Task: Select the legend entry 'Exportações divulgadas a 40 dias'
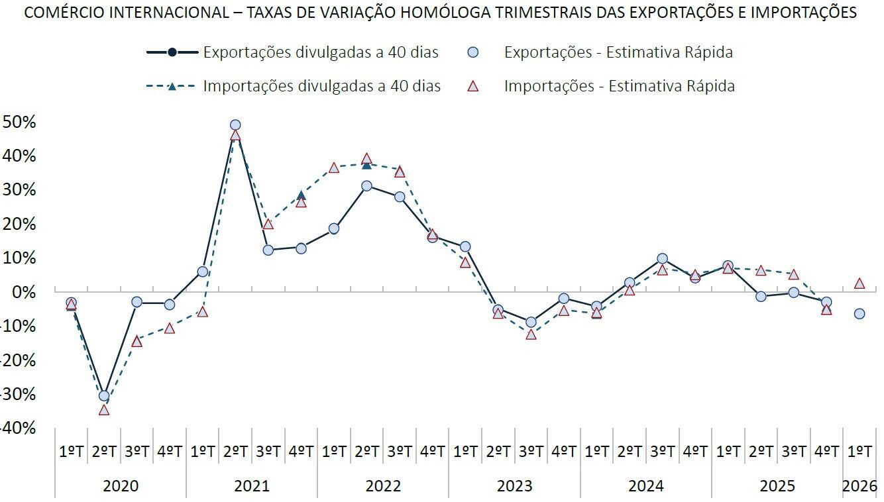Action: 321,52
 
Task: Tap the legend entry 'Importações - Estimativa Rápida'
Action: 619,86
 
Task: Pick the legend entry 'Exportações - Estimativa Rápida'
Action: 618,52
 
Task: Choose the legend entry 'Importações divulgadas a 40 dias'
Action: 321,86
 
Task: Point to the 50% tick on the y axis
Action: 19,122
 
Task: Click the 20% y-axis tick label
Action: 19,224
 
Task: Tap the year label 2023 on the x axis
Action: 514,486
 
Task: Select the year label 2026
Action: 859,486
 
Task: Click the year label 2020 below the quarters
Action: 121,486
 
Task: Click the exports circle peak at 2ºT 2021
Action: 235,125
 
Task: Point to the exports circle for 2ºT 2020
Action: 104,396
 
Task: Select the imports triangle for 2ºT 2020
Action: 104,410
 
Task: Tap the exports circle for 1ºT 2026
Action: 859,313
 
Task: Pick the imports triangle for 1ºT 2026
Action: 859,283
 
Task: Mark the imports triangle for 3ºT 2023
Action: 531,334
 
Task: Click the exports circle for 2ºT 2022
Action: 366,186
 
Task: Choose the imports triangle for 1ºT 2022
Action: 334,168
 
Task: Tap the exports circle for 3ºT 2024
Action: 662,258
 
